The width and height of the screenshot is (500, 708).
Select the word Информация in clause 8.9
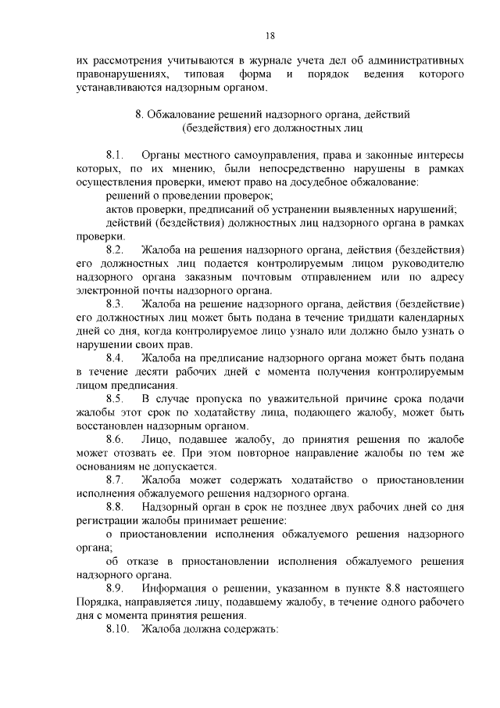[x=180, y=587]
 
